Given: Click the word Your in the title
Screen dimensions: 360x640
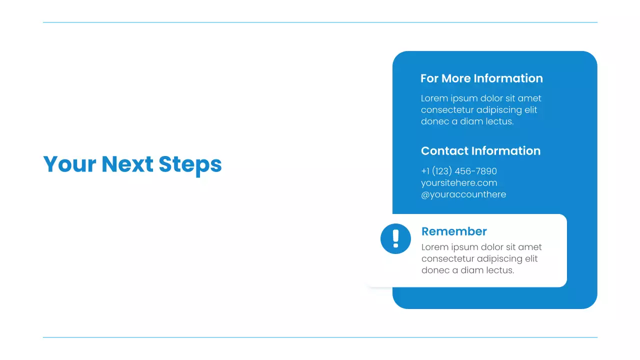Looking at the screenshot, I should (69, 164).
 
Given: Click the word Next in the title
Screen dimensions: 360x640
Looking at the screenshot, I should (127, 164).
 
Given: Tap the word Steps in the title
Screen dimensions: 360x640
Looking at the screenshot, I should (190, 164).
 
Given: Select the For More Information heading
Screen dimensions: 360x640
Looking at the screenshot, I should (481, 78).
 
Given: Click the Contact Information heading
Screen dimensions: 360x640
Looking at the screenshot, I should (480, 151).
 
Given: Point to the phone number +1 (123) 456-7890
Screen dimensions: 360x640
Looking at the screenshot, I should (458, 171).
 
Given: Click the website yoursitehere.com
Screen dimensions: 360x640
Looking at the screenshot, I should (458, 183).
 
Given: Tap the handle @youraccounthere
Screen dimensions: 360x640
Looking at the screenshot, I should (463, 194).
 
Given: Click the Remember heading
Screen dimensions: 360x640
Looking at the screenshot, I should (454, 231).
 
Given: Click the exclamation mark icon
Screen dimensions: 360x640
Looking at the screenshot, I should (395, 238).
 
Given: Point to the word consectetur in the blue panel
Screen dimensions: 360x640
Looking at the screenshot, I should (446, 110).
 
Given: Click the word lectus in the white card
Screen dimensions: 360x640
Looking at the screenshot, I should (500, 270).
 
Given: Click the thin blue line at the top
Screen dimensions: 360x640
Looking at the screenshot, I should (320, 22).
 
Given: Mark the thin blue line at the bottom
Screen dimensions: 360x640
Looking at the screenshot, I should (320, 337).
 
